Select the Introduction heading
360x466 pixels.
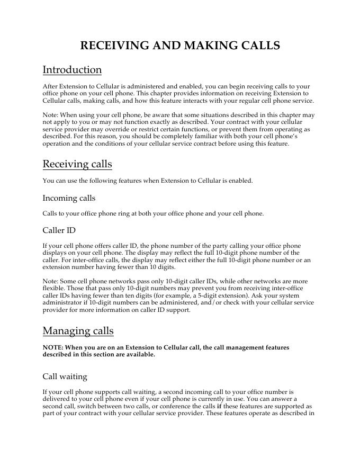[x=72, y=70]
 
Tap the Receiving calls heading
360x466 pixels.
[x=77, y=164]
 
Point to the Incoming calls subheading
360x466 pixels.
[x=69, y=198]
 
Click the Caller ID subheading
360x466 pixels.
[x=59, y=231]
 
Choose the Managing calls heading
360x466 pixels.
[x=78, y=331]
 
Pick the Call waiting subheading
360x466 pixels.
[x=65, y=377]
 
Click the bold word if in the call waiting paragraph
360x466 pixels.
[x=219, y=407]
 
